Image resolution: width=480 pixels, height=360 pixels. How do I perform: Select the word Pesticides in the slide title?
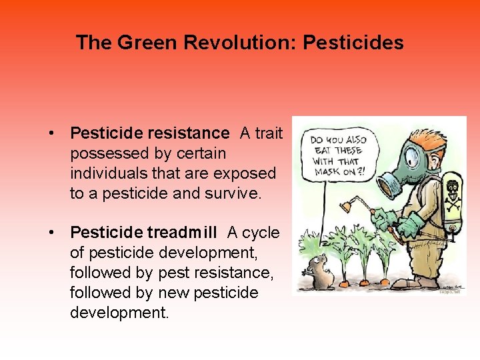click(353, 43)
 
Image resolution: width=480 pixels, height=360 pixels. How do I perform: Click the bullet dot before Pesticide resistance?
click(51, 134)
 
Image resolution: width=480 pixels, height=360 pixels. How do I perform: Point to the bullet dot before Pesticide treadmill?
click(51, 233)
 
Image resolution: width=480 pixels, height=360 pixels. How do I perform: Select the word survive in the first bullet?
click(230, 193)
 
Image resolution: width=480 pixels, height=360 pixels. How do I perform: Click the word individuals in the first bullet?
click(107, 173)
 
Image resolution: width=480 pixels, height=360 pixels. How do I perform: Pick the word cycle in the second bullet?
click(261, 233)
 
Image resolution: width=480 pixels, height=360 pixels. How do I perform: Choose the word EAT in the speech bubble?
click(321, 151)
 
